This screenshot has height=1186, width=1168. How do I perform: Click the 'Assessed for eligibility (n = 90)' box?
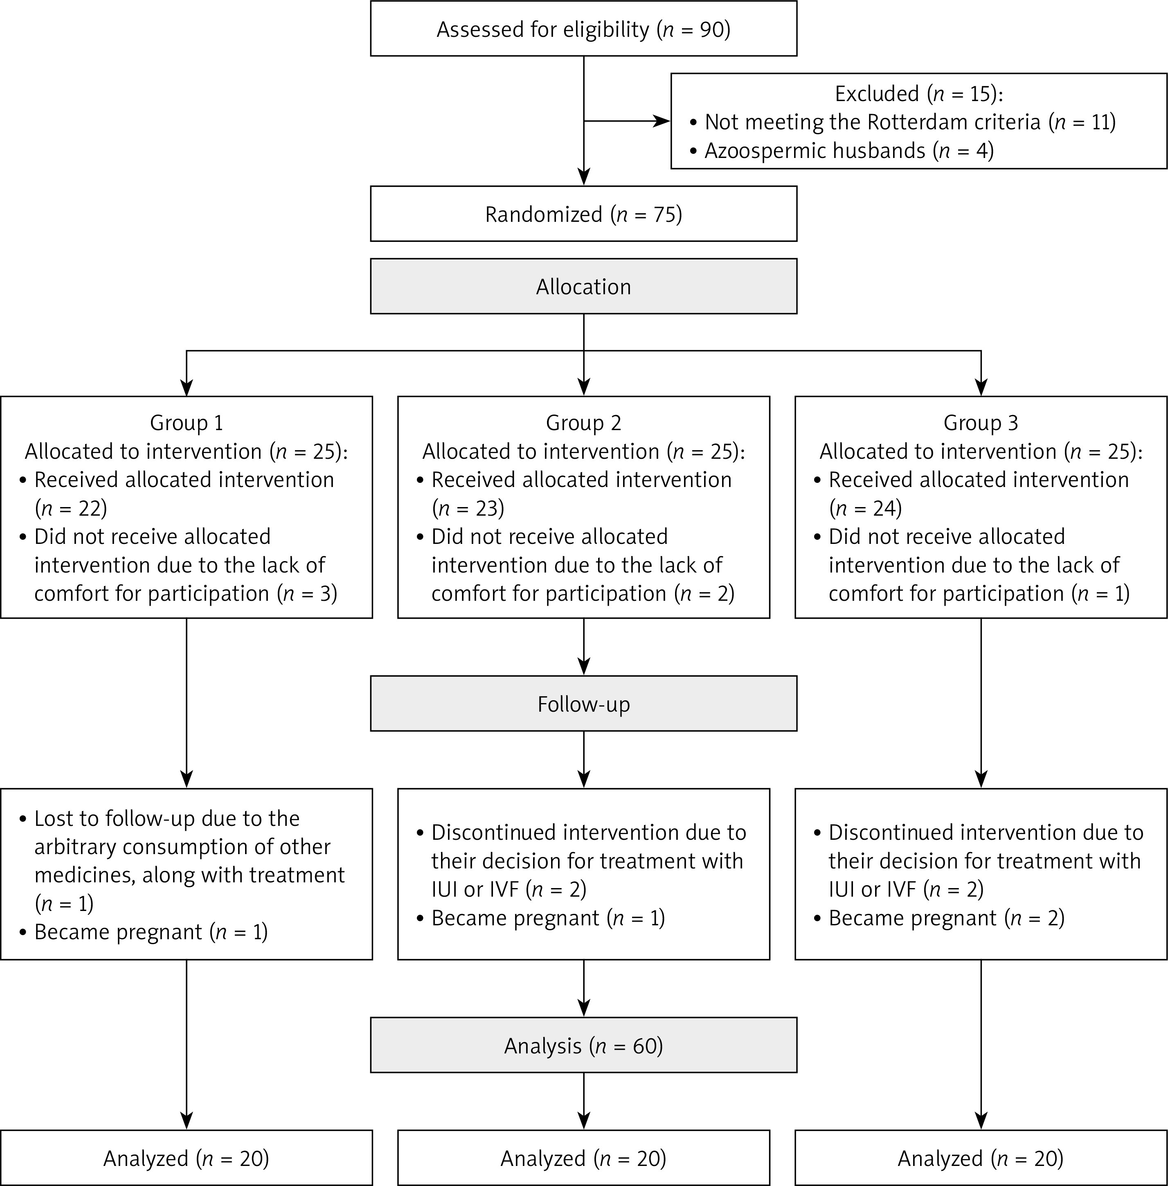pos(583,28)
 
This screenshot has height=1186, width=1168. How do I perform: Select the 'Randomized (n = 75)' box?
pos(583,214)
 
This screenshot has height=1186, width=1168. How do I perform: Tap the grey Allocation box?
pos(583,286)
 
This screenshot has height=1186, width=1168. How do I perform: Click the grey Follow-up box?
pos(583,703)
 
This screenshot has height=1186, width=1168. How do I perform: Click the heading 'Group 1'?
pos(187,423)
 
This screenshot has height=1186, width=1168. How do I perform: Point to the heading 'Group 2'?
pos(583,423)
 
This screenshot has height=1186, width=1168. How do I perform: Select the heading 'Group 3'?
pos(981,423)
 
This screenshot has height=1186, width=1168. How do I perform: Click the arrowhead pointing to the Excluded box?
pos(662,122)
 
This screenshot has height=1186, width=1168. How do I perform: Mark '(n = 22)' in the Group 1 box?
pos(70,508)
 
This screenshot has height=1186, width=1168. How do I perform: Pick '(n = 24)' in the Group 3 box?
pos(866,508)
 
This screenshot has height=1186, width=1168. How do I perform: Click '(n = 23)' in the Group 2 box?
pos(468,508)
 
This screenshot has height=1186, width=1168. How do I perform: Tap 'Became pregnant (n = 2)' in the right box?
pos(947,918)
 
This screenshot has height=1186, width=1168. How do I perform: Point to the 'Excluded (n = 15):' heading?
pos(919,93)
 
